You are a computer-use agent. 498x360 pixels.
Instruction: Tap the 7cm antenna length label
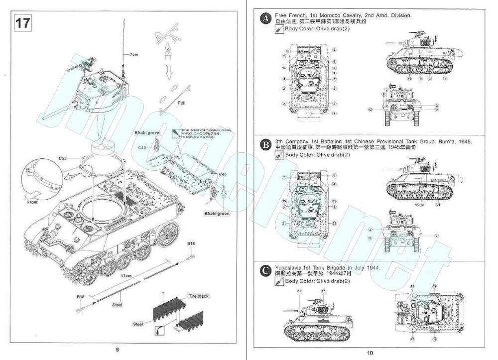tap(133, 55)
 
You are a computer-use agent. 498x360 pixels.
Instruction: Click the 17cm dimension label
tap(126, 275)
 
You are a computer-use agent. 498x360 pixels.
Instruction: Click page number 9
tap(117, 349)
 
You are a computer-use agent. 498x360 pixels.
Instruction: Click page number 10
tap(370, 353)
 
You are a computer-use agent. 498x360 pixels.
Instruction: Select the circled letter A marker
tap(266, 19)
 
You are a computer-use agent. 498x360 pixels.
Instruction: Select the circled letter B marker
tap(266, 145)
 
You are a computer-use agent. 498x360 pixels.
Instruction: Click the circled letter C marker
tap(266, 271)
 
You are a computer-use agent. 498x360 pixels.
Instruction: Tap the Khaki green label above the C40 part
tap(146, 133)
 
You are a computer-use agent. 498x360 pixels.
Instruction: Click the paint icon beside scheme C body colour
tap(279, 281)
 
